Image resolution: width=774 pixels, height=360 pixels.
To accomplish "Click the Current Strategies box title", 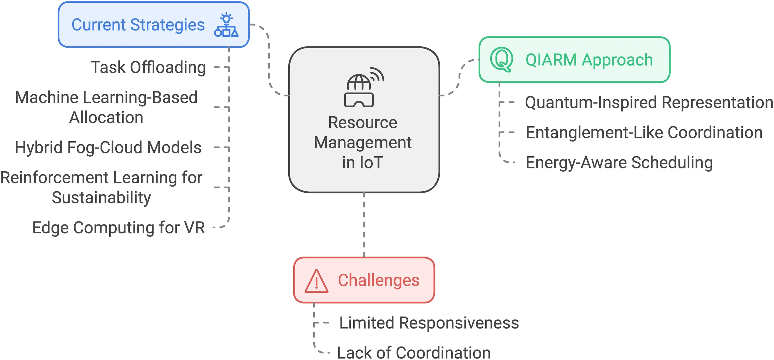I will pyautogui.click(x=138, y=25).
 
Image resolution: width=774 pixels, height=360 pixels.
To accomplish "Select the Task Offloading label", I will pyautogui.click(x=148, y=67).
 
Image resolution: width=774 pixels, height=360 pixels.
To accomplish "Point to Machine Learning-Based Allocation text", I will pyautogui.click(x=106, y=107).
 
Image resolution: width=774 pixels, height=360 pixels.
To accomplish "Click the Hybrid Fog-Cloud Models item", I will pyautogui.click(x=108, y=148).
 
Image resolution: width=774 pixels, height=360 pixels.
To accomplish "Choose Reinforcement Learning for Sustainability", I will pyautogui.click(x=101, y=187).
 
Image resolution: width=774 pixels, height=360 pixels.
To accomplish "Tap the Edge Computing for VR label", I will pyautogui.click(x=118, y=227).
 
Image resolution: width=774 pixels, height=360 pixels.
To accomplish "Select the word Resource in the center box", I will pyautogui.click(x=362, y=123).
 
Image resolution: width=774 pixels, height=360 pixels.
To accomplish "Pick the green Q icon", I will pyautogui.click(x=501, y=59).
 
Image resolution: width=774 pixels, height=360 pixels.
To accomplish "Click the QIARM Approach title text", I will pyautogui.click(x=589, y=60).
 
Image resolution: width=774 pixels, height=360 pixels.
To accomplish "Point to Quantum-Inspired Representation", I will pyautogui.click(x=649, y=103).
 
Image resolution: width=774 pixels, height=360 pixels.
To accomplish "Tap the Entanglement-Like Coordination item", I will pyautogui.click(x=644, y=133).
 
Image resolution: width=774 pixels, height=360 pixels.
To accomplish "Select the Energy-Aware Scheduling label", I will pyautogui.click(x=619, y=163).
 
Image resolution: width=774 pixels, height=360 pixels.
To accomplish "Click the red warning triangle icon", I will pyautogui.click(x=316, y=281).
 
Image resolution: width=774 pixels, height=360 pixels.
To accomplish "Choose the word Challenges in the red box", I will pyautogui.click(x=379, y=280).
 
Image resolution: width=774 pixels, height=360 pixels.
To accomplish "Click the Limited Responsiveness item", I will pyautogui.click(x=429, y=323).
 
